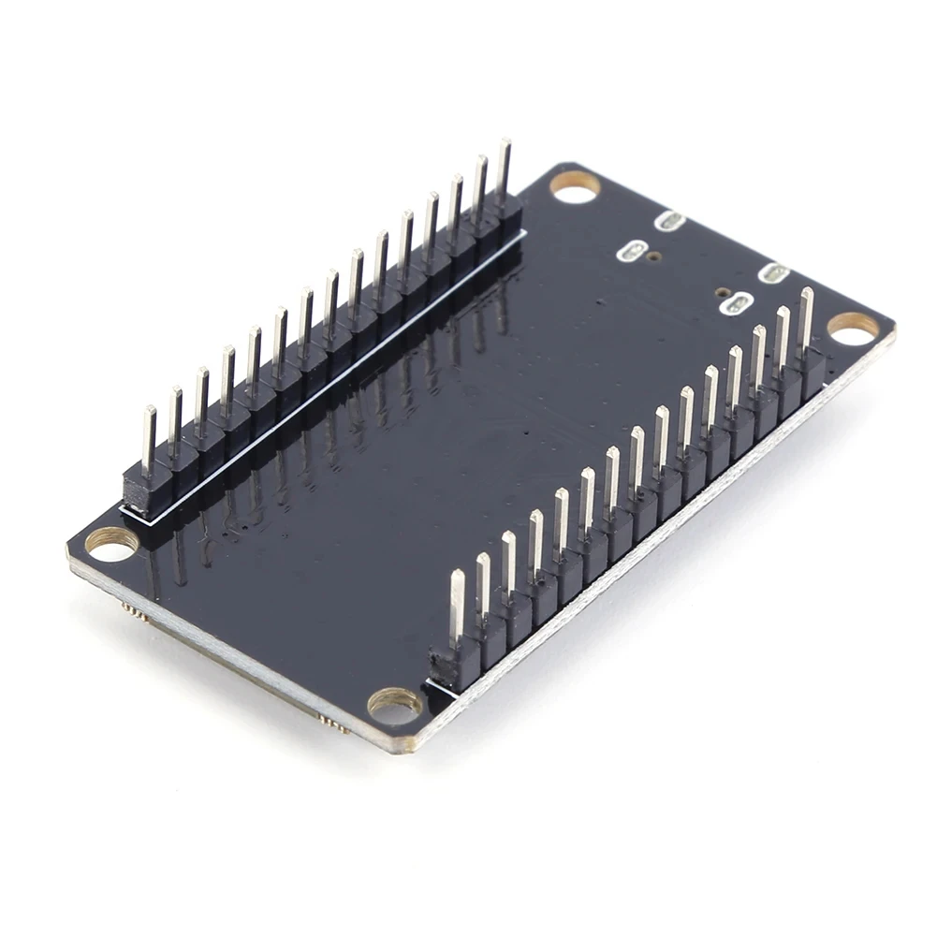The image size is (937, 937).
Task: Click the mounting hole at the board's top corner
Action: (574, 186)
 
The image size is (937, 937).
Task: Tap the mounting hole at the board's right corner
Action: (853, 328)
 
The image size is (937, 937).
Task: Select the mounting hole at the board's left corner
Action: (111, 544)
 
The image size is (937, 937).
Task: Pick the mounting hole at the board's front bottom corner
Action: (394, 706)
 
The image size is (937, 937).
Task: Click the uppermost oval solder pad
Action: (670, 222)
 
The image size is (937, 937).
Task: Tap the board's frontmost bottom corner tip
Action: (407, 750)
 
